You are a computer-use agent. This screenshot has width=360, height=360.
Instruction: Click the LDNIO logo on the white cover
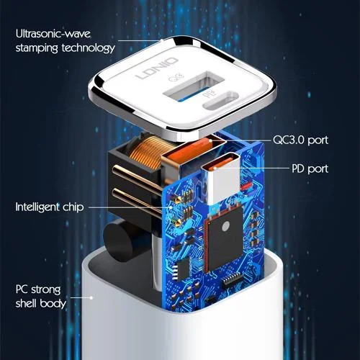click(x=157, y=68)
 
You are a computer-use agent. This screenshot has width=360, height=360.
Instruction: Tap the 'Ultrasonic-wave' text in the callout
click(x=53, y=34)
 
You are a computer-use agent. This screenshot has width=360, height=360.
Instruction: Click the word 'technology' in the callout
click(x=89, y=48)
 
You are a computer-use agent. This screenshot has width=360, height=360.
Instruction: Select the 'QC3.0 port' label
click(x=300, y=140)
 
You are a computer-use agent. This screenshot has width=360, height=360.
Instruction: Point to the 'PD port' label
click(x=310, y=168)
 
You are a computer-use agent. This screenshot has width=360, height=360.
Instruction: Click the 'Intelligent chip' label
click(x=50, y=207)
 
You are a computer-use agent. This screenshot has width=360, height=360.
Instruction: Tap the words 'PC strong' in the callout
click(x=38, y=289)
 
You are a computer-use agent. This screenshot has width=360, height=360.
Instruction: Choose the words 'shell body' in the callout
click(x=41, y=303)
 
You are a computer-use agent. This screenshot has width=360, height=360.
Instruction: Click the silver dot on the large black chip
click(x=226, y=226)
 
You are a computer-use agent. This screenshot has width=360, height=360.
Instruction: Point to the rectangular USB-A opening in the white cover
click(x=194, y=86)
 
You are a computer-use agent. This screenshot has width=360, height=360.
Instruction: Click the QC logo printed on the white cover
click(x=176, y=77)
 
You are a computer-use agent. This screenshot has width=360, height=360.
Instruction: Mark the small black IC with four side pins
click(x=183, y=269)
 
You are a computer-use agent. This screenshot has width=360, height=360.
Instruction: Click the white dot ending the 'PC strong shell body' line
click(x=91, y=298)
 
